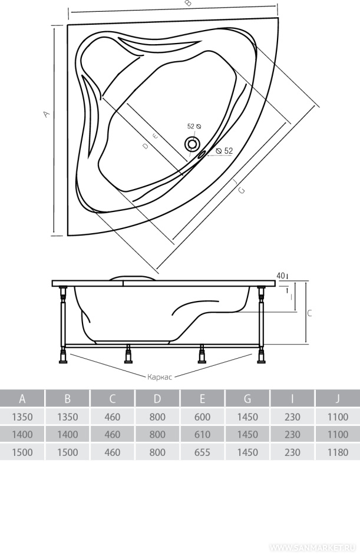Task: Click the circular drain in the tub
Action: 192,144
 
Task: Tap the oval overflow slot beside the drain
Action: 202,154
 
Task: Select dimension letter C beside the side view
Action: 309,313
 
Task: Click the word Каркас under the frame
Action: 159,376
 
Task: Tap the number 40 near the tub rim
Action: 280,275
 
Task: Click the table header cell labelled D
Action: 157,399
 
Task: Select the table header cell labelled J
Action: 338,399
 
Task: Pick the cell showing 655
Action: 202,452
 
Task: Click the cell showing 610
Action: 202,435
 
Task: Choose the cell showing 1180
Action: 338,452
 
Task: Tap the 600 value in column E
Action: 202,417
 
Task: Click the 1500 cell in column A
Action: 22,452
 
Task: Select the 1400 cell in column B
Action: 67,435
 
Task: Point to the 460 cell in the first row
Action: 112,417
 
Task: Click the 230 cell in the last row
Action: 292,452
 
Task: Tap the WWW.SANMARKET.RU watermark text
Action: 313,547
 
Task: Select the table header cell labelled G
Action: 247,399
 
